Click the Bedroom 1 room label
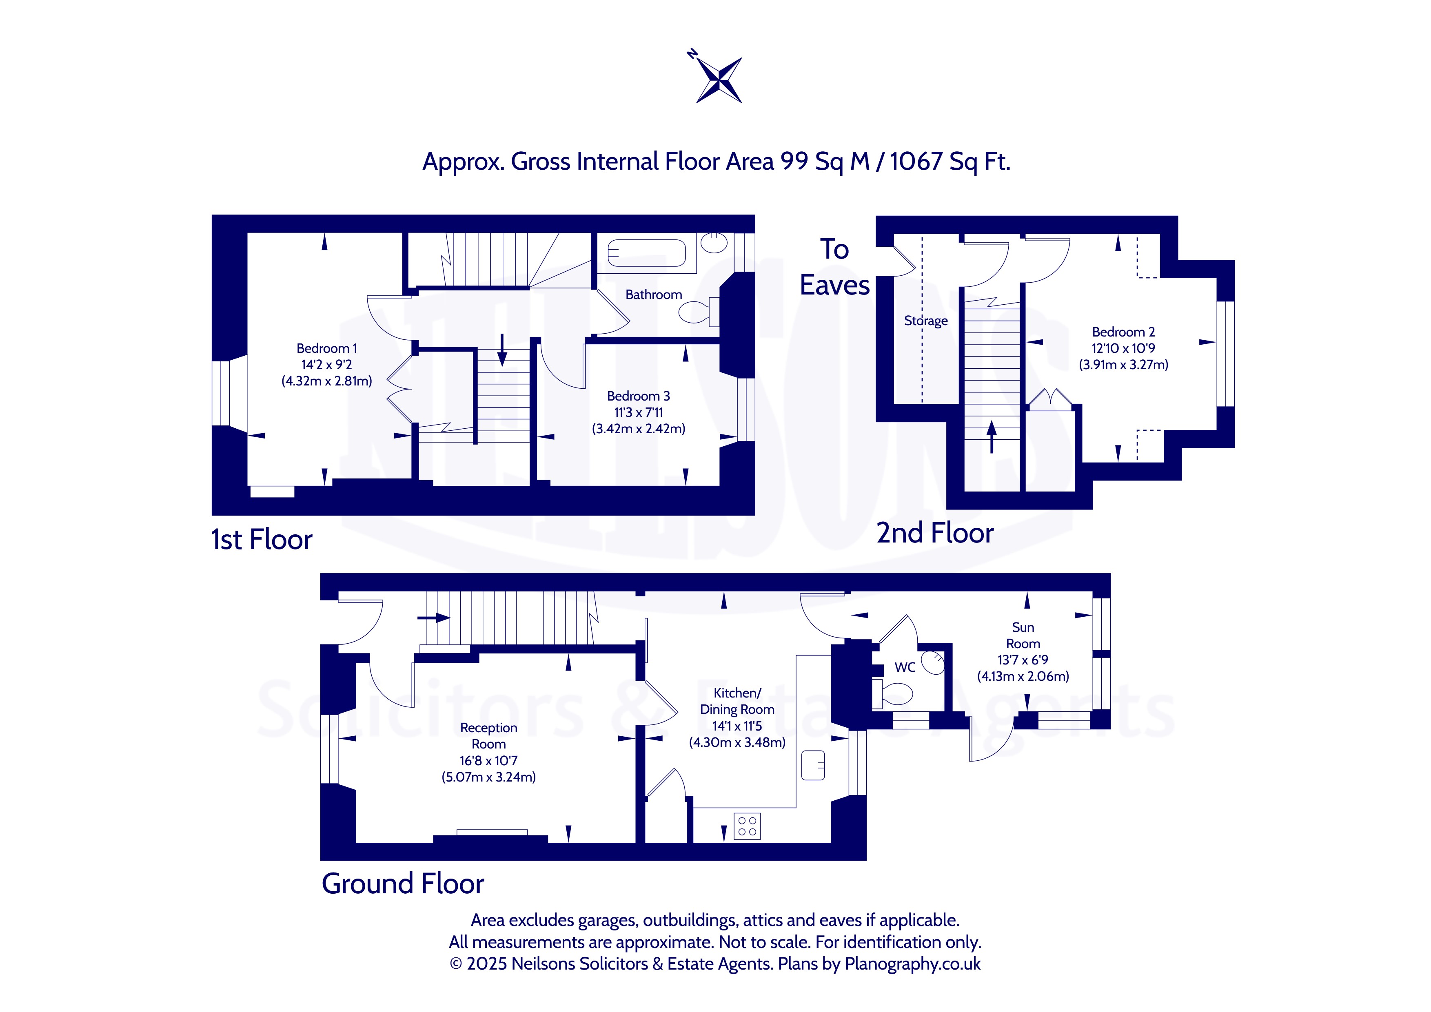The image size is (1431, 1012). click(326, 348)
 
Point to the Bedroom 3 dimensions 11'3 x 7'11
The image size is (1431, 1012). click(639, 412)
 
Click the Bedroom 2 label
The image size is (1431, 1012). click(1123, 332)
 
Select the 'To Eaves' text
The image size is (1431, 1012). click(834, 267)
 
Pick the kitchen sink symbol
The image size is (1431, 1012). click(813, 765)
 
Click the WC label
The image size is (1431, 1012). click(905, 667)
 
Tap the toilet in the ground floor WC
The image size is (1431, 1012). click(892, 693)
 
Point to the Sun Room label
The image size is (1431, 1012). click(1023, 636)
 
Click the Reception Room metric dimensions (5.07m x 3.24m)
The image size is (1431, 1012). click(489, 777)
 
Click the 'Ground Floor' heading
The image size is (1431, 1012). click(403, 884)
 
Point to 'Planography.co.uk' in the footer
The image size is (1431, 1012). click(912, 964)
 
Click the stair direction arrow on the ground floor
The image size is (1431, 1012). click(434, 618)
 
